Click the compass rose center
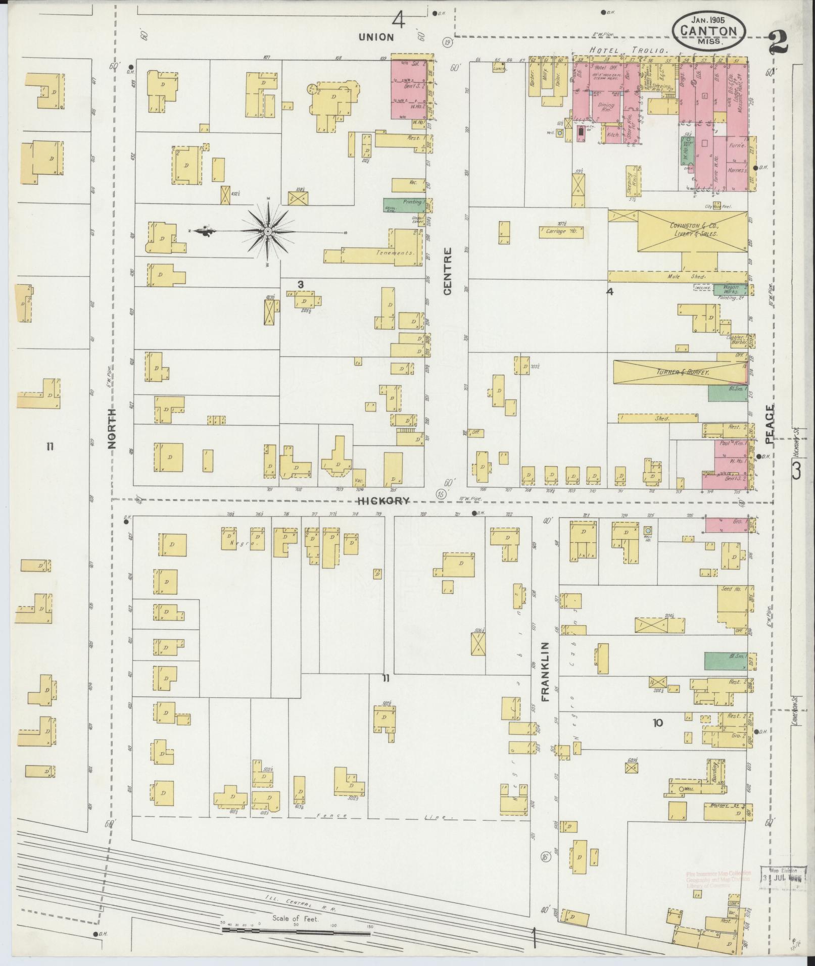268,231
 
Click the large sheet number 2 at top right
779,43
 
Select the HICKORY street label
382,501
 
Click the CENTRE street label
448,270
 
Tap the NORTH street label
112,428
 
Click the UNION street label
376,37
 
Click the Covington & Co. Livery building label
693,230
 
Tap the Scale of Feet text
296,919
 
